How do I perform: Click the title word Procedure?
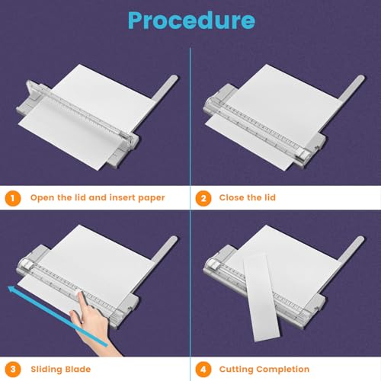[190, 20]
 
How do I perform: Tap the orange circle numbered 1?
[12, 197]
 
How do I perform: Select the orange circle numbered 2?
[202, 197]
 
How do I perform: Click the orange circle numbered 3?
[12, 369]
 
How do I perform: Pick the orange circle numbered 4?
[202, 369]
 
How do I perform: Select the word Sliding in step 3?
[48, 369]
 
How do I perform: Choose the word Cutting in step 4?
[239, 369]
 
